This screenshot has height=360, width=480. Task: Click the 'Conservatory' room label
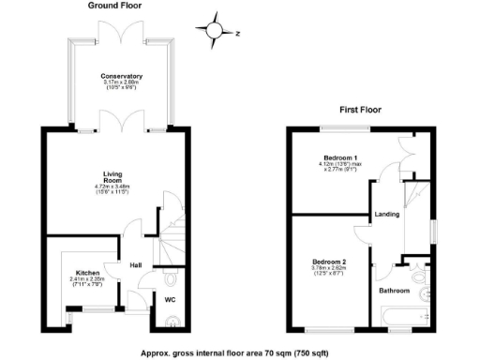click(x=122, y=76)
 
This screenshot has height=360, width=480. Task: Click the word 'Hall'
click(x=135, y=264)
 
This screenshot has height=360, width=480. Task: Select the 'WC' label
click(x=171, y=300)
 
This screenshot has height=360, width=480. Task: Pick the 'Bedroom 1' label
click(x=340, y=157)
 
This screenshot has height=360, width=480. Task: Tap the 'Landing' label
click(x=387, y=215)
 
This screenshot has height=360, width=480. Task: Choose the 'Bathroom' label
click(x=395, y=291)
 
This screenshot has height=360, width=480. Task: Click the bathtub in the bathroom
click(x=398, y=319)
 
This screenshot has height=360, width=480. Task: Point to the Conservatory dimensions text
click(x=122, y=87)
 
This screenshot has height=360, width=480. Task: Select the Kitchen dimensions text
click(x=89, y=282)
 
